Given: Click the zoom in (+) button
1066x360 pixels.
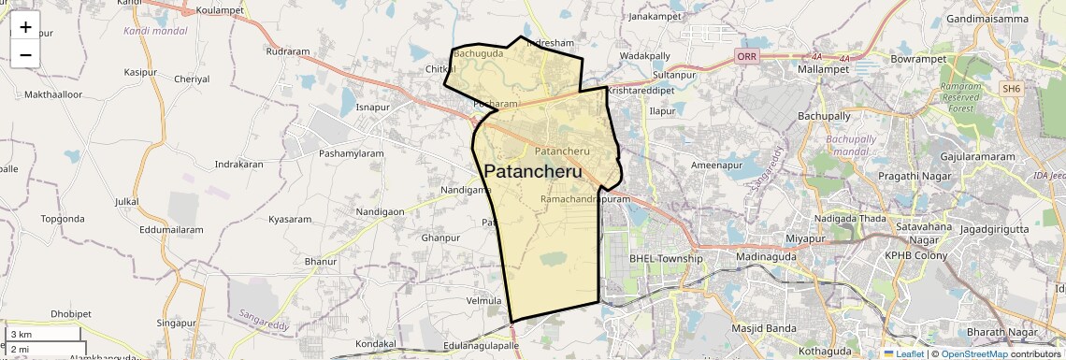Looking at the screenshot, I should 25,27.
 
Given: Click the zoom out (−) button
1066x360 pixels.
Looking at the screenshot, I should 25,54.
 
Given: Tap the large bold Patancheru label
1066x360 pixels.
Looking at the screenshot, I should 534,172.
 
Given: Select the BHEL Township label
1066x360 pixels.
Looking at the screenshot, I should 665,258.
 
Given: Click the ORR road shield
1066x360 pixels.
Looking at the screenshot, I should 746,57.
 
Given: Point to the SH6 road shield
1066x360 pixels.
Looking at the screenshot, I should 1011,89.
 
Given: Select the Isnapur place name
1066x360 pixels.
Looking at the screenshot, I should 372,108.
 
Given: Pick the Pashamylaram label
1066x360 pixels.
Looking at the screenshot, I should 352,152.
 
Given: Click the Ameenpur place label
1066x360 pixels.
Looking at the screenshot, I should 716,165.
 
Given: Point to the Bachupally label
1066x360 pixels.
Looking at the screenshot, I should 824,116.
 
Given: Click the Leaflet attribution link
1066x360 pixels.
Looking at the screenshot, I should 904,353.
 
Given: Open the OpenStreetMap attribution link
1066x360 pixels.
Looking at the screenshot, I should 973,353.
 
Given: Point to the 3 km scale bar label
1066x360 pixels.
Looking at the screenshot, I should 22,334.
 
